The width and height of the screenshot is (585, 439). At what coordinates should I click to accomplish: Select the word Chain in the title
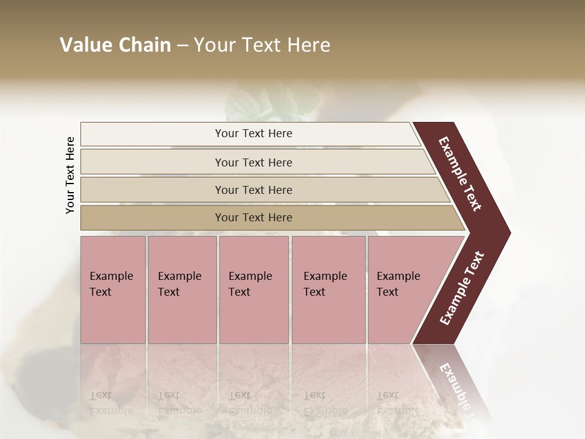(144, 45)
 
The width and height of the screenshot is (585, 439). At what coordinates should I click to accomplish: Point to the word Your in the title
(213, 45)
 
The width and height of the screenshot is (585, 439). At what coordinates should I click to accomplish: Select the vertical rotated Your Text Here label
(70, 176)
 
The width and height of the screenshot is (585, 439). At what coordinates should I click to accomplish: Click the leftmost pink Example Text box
(113, 289)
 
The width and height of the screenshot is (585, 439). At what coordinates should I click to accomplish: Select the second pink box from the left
(182, 289)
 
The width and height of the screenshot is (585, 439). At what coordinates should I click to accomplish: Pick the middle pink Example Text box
(253, 289)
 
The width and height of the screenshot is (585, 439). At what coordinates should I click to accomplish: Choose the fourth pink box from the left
(328, 289)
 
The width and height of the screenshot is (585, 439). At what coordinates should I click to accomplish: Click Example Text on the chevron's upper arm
(460, 174)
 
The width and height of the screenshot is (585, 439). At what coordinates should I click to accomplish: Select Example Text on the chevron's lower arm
(462, 288)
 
